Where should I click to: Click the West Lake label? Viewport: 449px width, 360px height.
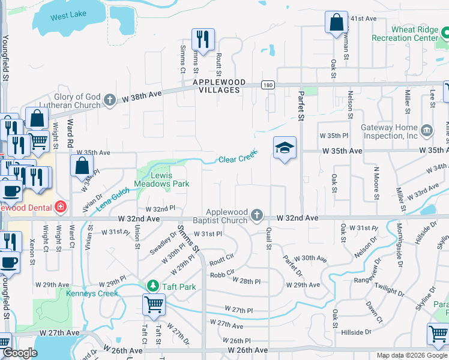pyautogui.click(x=68, y=17)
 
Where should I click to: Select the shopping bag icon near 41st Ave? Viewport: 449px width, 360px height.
pyautogui.click(x=336, y=22)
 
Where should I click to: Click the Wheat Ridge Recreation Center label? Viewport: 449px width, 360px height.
pyautogui.click(x=414, y=34)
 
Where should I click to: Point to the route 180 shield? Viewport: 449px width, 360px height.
pyautogui.click(x=267, y=85)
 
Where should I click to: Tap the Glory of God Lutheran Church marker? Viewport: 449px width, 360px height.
pyautogui.click(x=109, y=100)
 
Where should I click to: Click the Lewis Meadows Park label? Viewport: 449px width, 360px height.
pyautogui.click(x=170, y=179)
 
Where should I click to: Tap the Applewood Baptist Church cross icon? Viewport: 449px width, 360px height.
pyautogui.click(x=257, y=215)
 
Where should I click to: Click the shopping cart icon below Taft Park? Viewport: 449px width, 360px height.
pyautogui.click(x=154, y=305)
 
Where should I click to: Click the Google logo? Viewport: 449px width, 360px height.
pyautogui.click(x=19, y=353)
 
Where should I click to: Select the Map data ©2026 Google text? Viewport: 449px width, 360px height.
pyautogui.click(x=411, y=355)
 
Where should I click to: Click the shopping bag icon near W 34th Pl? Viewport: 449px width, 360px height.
pyautogui.click(x=82, y=166)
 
